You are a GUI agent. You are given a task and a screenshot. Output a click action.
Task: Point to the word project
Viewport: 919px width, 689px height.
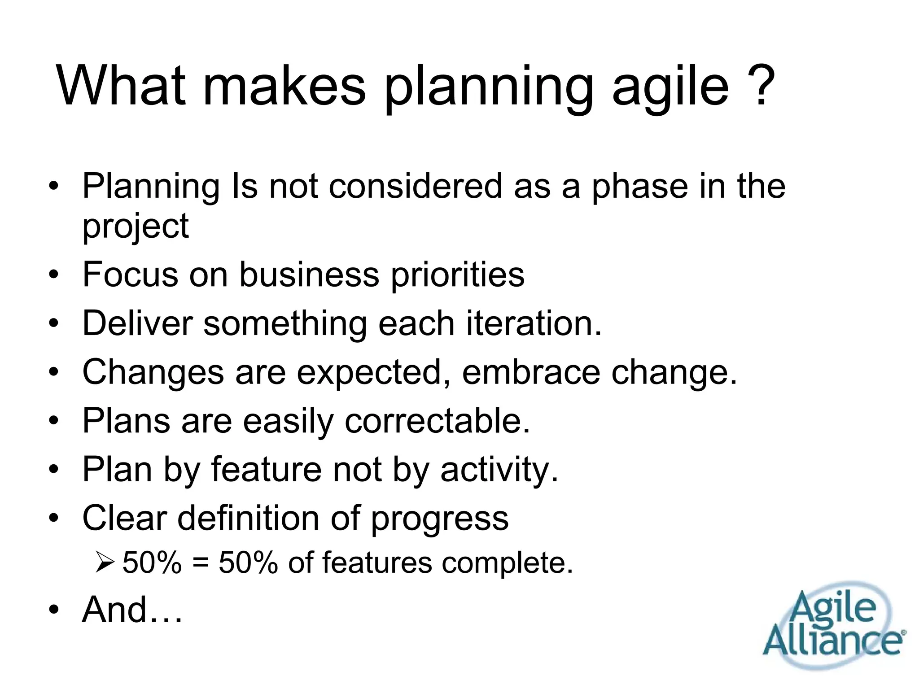pos(135,227)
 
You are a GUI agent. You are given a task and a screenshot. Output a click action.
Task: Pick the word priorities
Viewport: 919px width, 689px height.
pos(457,275)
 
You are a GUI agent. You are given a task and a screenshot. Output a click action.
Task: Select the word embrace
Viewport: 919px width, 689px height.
pos(531,372)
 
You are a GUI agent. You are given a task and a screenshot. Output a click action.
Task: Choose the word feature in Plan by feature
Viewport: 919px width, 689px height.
pos(266,469)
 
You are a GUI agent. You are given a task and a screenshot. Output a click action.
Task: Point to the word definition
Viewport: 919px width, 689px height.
pos(248,518)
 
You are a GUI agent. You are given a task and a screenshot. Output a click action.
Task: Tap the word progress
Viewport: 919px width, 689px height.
pos(439,520)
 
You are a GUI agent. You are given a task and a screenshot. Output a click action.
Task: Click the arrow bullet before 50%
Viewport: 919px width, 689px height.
pos(105,563)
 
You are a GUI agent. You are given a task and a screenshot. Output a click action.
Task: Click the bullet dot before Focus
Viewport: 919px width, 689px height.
pos(54,275)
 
